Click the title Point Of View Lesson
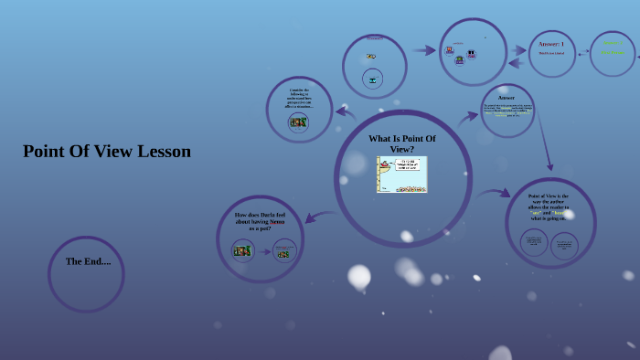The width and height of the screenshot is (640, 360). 107,152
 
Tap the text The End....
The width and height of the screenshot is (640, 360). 88,261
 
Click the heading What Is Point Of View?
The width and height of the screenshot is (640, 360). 402,143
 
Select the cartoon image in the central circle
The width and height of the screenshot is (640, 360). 402,175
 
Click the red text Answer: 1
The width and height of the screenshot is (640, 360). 550,44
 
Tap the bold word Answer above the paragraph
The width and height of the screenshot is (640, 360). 506,98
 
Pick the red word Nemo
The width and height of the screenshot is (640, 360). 273,221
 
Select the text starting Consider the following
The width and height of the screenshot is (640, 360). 300,99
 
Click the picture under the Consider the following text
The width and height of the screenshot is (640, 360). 298,122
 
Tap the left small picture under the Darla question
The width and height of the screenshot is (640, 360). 242,250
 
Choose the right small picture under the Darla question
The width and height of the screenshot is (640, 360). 284,251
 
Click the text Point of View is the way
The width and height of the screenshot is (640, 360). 549,207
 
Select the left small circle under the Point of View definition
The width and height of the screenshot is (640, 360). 534,243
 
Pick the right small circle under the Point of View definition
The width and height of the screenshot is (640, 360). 564,245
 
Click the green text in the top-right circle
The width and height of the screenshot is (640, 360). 613,48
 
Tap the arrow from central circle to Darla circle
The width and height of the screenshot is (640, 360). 318,217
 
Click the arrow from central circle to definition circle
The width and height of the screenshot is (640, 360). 494,194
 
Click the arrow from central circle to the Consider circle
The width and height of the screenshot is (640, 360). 346,112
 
